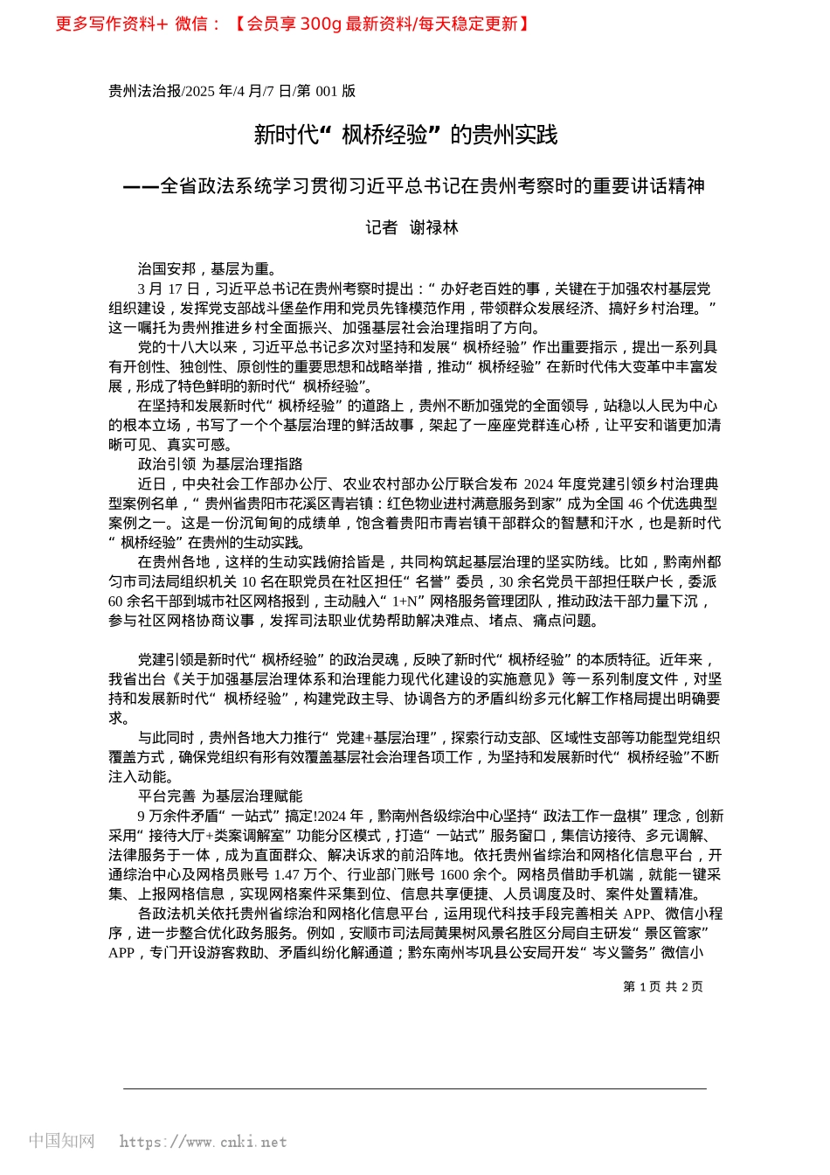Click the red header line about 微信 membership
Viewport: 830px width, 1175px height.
coord(293,24)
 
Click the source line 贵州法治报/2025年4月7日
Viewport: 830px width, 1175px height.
coord(232,91)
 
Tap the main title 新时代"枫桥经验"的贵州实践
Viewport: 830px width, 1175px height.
coord(405,135)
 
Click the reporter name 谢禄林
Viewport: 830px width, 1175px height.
coord(434,228)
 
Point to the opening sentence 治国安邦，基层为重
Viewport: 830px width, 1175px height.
coord(207,269)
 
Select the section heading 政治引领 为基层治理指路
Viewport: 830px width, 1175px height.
coord(220,464)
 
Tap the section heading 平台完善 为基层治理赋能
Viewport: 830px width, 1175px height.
coord(220,796)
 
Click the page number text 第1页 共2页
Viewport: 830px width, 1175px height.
coord(662,986)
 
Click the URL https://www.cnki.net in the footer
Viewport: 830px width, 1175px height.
coord(203,1142)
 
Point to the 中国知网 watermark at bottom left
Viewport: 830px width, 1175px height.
coord(61,1141)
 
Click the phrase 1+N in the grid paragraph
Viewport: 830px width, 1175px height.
coord(404,601)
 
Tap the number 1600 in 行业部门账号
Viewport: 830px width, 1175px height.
coord(455,874)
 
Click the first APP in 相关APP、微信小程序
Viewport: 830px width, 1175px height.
coord(637,914)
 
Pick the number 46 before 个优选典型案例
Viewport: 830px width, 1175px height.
coord(635,504)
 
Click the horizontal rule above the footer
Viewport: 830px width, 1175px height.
coord(415,1089)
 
